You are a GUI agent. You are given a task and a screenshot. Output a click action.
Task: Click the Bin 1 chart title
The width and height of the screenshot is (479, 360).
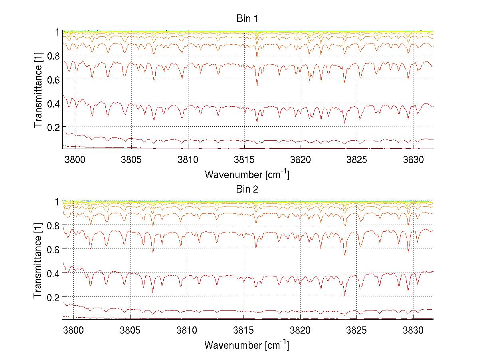247,19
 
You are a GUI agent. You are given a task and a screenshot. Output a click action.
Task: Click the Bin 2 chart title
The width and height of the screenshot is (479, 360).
247,189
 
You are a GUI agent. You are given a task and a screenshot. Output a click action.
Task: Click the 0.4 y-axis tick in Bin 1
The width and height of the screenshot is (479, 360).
53,103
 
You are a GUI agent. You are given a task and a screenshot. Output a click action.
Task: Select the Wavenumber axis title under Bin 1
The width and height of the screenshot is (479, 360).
247,174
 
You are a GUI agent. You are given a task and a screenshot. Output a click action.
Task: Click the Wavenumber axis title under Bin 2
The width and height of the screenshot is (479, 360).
247,344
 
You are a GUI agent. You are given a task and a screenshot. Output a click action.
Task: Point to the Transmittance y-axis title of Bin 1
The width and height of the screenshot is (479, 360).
38,90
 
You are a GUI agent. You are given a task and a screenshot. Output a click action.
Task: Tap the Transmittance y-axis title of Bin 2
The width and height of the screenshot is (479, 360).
38,260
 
